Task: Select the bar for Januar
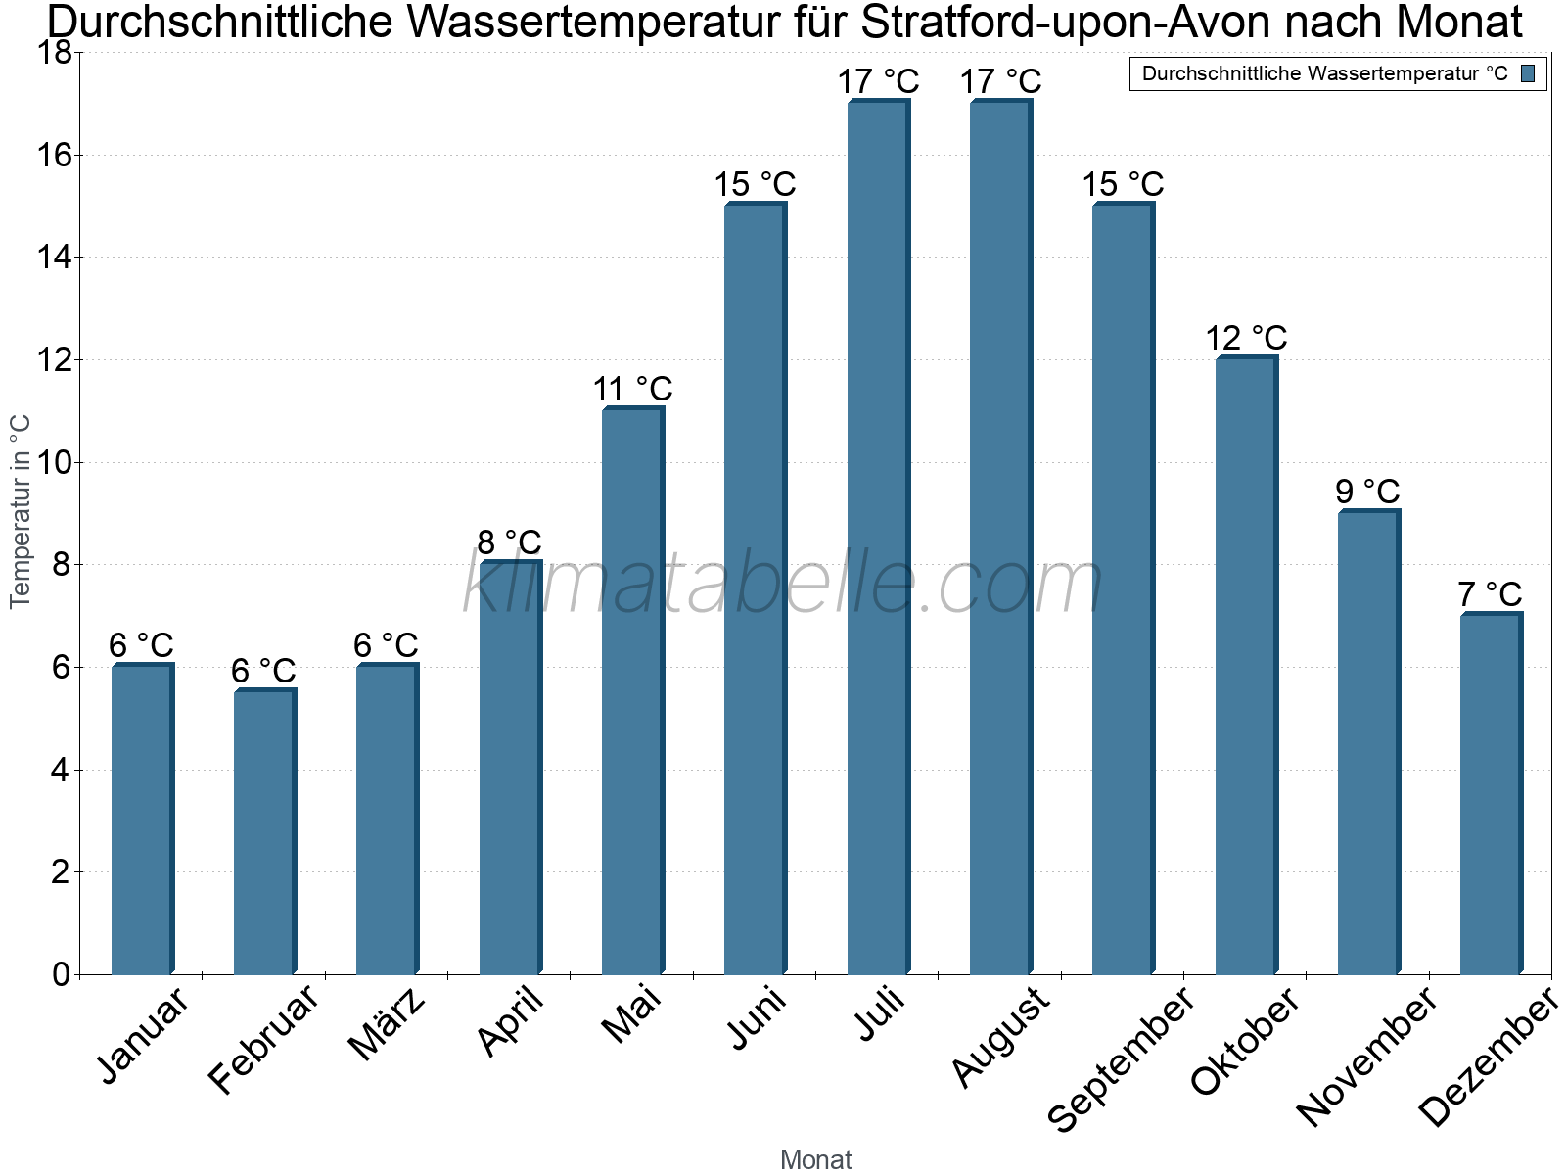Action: [143, 819]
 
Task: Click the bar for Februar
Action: [265, 831]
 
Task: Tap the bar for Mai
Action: [633, 690]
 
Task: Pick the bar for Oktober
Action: [1247, 664]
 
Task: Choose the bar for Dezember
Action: [1492, 792]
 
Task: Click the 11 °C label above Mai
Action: [633, 390]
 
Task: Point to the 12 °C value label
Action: [1246, 338]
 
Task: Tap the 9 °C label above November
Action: [1367, 492]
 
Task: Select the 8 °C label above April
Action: [509, 542]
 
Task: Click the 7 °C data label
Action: [1490, 594]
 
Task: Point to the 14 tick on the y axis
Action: [54, 258]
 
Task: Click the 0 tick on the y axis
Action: [62, 974]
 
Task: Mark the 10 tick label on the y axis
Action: [54, 463]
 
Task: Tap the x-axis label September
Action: [1121, 1058]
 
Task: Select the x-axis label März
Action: [386, 1023]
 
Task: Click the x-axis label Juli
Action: [880, 1014]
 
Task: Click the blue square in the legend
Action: [1528, 73]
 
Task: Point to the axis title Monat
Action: [816, 1159]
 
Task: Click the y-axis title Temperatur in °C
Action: [20, 511]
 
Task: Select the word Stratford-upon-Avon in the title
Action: [1065, 22]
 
